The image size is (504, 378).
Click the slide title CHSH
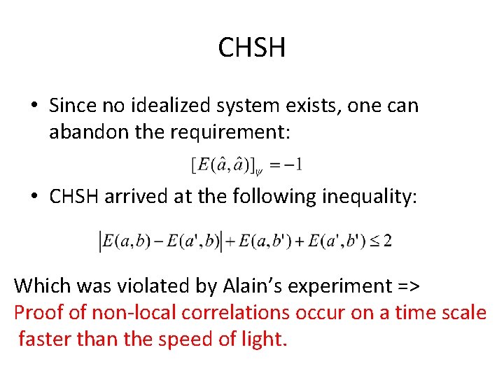pyautogui.click(x=252, y=48)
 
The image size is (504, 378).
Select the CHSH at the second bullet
pyautogui.click(x=74, y=197)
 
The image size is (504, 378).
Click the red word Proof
pyautogui.click(x=36, y=312)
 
